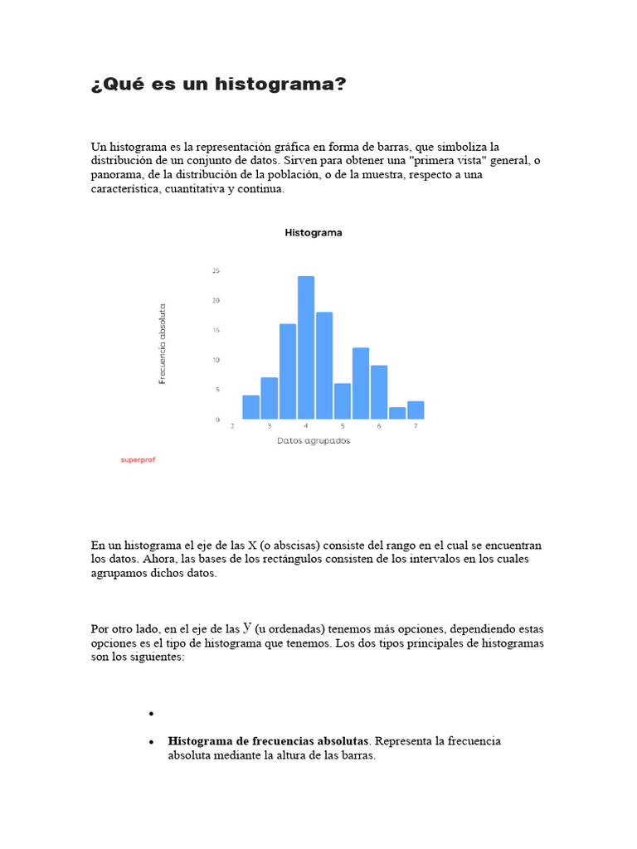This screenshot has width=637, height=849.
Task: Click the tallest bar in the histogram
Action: (x=306, y=347)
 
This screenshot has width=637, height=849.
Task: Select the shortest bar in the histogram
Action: (x=397, y=413)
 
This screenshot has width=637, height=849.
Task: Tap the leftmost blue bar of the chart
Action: (x=250, y=406)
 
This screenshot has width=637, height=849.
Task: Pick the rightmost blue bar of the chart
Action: (x=416, y=410)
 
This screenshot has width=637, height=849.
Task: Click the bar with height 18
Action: (x=324, y=365)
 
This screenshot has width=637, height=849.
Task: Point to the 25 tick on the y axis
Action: (x=216, y=271)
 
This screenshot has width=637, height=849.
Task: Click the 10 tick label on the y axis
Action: (x=216, y=360)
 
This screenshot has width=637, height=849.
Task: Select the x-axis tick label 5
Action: (x=343, y=425)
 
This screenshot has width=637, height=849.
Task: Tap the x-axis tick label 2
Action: (x=232, y=425)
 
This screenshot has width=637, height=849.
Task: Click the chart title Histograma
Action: (x=314, y=233)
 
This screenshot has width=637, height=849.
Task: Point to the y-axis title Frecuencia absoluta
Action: (x=163, y=343)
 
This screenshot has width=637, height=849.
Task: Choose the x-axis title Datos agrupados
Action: (x=314, y=441)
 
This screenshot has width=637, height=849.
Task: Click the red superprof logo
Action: (x=138, y=459)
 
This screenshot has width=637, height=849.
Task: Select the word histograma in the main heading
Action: (x=280, y=85)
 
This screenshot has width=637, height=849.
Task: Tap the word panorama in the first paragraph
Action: (x=116, y=175)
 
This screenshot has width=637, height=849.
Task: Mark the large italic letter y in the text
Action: (x=247, y=628)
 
